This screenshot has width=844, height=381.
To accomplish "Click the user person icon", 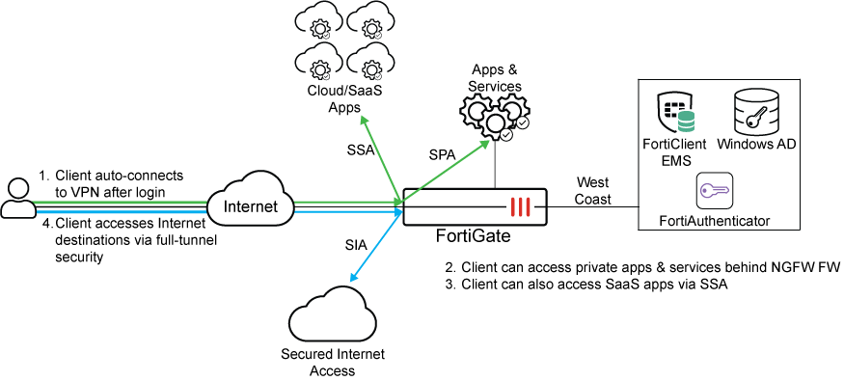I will [17, 199].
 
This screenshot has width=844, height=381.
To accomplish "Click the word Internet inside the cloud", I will [250, 206].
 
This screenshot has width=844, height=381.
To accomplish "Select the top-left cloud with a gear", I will [318, 20].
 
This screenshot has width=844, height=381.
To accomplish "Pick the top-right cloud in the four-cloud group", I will [370, 20].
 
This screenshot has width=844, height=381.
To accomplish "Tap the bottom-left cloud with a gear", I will [318, 62].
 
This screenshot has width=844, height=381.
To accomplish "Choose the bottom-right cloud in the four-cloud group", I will [370, 62].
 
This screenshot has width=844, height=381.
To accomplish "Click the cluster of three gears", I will [495, 118].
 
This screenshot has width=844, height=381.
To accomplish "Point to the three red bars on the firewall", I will [521, 207].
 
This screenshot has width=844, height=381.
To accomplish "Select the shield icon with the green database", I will [676, 113].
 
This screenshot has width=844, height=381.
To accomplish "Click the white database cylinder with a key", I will [756, 112].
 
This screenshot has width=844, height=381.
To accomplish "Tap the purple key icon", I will [715, 191].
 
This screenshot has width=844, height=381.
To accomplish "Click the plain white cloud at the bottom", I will [333, 313].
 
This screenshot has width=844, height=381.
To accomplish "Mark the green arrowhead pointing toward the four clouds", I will [364, 119].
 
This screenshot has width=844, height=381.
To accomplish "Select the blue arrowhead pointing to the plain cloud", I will [354, 278].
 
